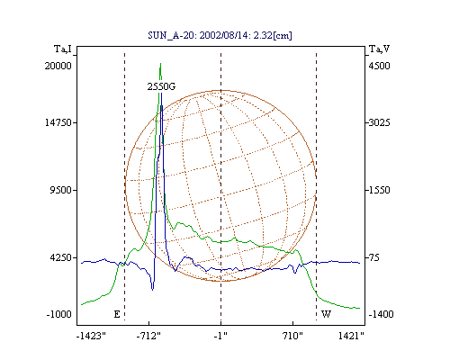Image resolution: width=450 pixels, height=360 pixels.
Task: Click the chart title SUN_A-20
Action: pyautogui.click(x=171, y=35)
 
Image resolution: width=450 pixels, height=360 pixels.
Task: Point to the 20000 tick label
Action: pyautogui.click(x=58, y=66)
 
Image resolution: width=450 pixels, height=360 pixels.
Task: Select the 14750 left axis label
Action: pyautogui.click(x=58, y=122)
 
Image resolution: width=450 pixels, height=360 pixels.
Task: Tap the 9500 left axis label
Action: pyautogui.click(x=61, y=190)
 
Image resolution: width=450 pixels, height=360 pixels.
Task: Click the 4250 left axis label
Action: pyautogui.click(x=61, y=257)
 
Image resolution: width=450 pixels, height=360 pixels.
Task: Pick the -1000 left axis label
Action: pyautogui.click(x=58, y=314)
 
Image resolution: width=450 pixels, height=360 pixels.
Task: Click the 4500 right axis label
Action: pyautogui.click(x=379, y=66)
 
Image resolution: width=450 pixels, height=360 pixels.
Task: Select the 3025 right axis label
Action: pyautogui.click(x=379, y=122)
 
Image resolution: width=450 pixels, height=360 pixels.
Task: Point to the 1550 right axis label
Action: pyautogui.click(x=379, y=190)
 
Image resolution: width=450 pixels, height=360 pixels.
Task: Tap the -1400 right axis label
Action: pyautogui.click(x=381, y=314)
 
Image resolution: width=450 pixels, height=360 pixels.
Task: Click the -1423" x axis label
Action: pyautogui.click(x=91, y=336)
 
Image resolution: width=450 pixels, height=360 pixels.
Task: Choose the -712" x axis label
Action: pyautogui.click(x=148, y=336)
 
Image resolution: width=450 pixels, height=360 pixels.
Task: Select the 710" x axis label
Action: pyautogui.click(x=292, y=336)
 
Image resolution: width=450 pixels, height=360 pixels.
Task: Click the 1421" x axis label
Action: pyautogui.click(x=351, y=336)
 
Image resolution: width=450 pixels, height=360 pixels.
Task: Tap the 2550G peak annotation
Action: pyautogui.click(x=161, y=86)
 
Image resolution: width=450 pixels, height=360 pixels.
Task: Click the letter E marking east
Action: pyautogui.click(x=117, y=314)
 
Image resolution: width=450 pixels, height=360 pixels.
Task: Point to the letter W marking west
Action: pyautogui.click(x=326, y=314)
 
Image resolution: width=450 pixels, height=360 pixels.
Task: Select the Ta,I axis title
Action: pyautogui.click(x=63, y=49)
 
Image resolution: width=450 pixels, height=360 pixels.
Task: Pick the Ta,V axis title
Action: pyautogui.click(x=379, y=49)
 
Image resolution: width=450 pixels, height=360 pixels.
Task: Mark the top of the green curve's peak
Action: pyautogui.click(x=161, y=63)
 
